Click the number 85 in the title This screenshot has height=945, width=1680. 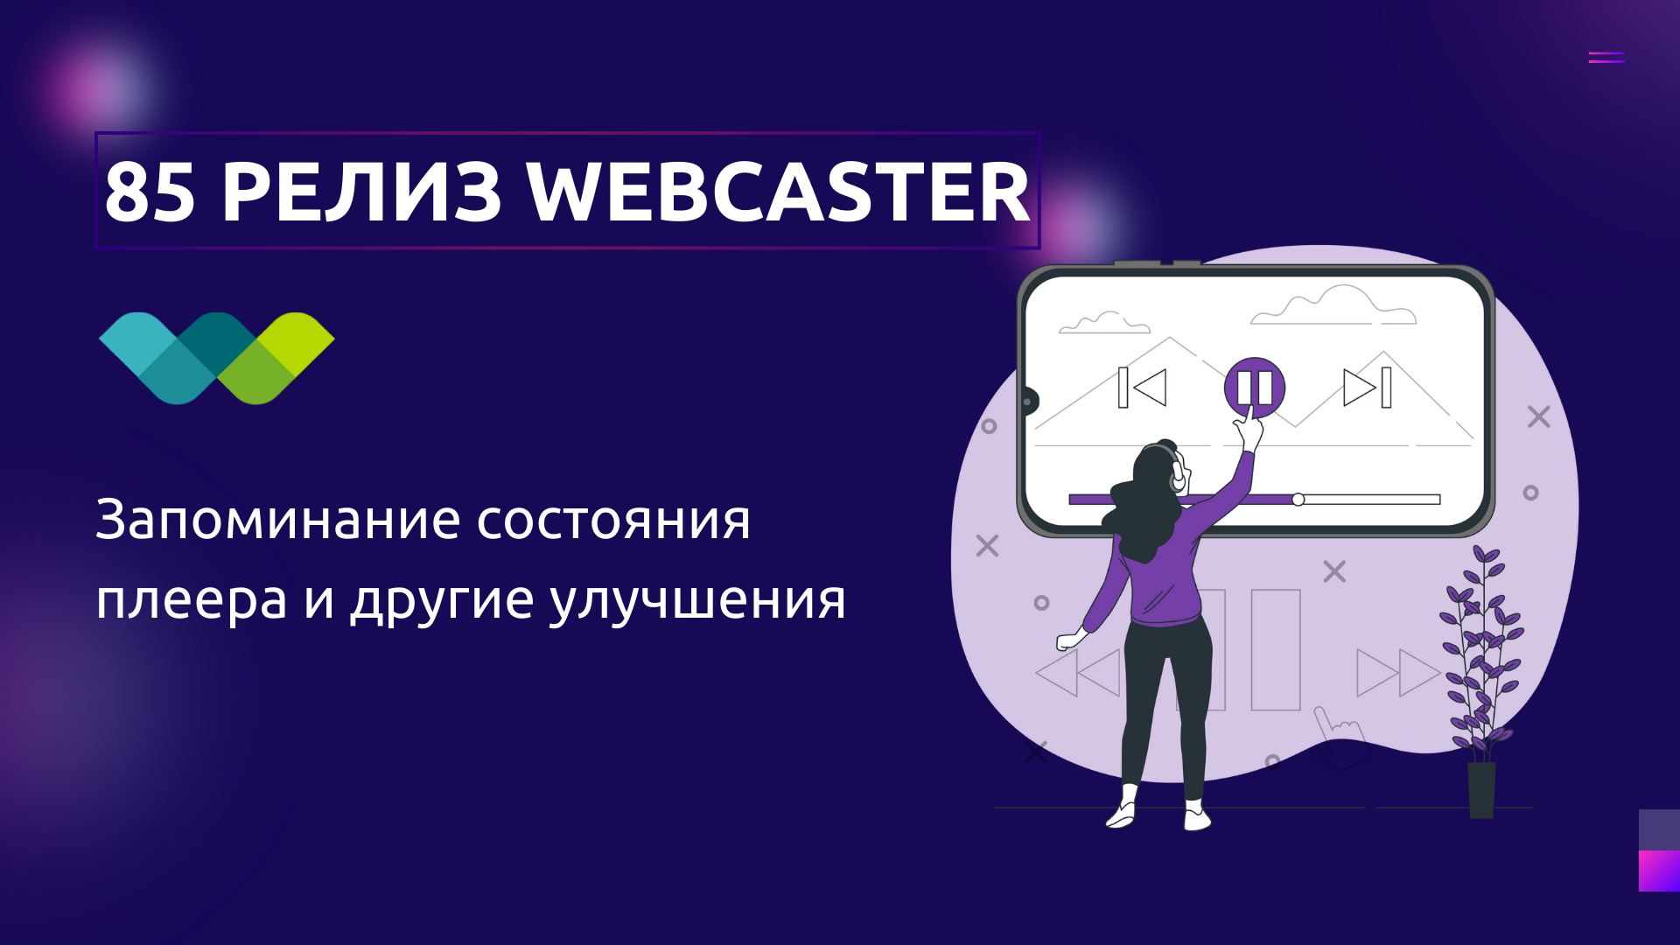tap(149, 192)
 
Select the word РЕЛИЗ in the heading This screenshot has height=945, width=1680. tap(361, 192)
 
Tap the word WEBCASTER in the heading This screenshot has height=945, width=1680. tap(778, 192)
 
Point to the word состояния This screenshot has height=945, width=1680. tap(613, 521)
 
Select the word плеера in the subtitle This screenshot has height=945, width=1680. tap(192, 602)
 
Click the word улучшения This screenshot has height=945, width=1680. tap(697, 602)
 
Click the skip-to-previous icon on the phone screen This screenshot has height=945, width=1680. tap(1143, 388)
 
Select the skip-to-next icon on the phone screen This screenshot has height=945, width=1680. tap(1368, 388)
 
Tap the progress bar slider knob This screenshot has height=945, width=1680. tap(1298, 500)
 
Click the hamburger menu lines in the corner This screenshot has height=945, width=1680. tap(1606, 58)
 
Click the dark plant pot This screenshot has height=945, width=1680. tap(1481, 789)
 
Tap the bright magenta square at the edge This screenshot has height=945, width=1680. tap(1659, 871)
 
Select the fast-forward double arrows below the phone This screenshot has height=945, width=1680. tap(1397, 672)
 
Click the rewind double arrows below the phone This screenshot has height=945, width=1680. tap(1078, 672)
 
